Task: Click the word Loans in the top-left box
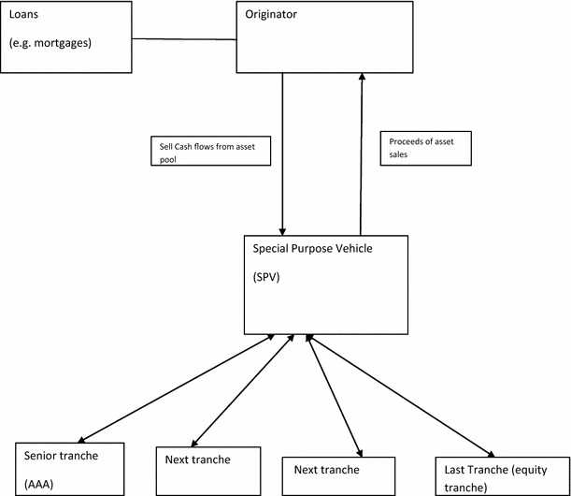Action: tap(26, 17)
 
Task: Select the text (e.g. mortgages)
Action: tap(50, 44)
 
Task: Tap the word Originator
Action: tap(272, 16)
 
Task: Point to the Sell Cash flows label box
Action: tap(210, 152)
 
